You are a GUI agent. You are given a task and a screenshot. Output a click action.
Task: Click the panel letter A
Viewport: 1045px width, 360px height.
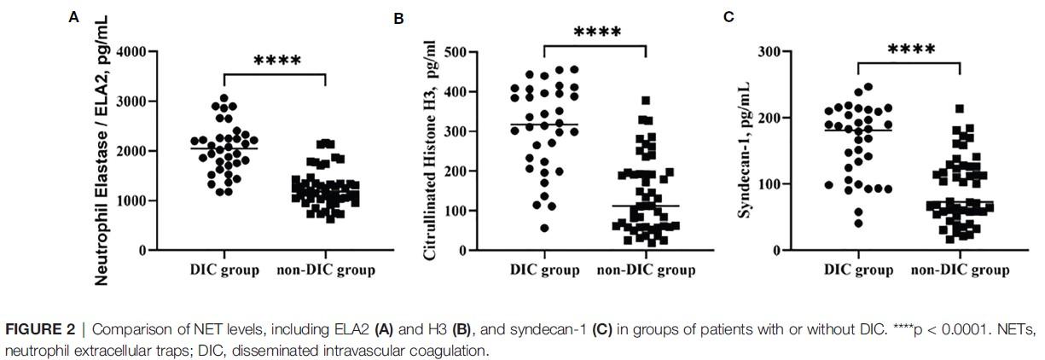pos(74,16)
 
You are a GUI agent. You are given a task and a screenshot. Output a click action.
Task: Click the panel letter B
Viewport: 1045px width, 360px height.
pos(398,18)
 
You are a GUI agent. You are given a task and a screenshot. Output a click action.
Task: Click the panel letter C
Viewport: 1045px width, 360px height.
pos(729,16)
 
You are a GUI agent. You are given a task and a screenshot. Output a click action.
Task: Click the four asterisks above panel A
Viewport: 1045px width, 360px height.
pos(276,61)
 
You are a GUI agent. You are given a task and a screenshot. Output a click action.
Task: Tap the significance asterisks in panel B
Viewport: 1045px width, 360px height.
pos(597,33)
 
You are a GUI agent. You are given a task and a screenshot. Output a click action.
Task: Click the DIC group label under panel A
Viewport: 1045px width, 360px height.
pos(224,270)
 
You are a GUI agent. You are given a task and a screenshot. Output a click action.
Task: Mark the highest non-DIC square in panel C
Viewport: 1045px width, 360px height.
pos(960,109)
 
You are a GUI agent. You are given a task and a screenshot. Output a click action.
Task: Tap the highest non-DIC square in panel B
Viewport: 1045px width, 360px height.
pos(646,101)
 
